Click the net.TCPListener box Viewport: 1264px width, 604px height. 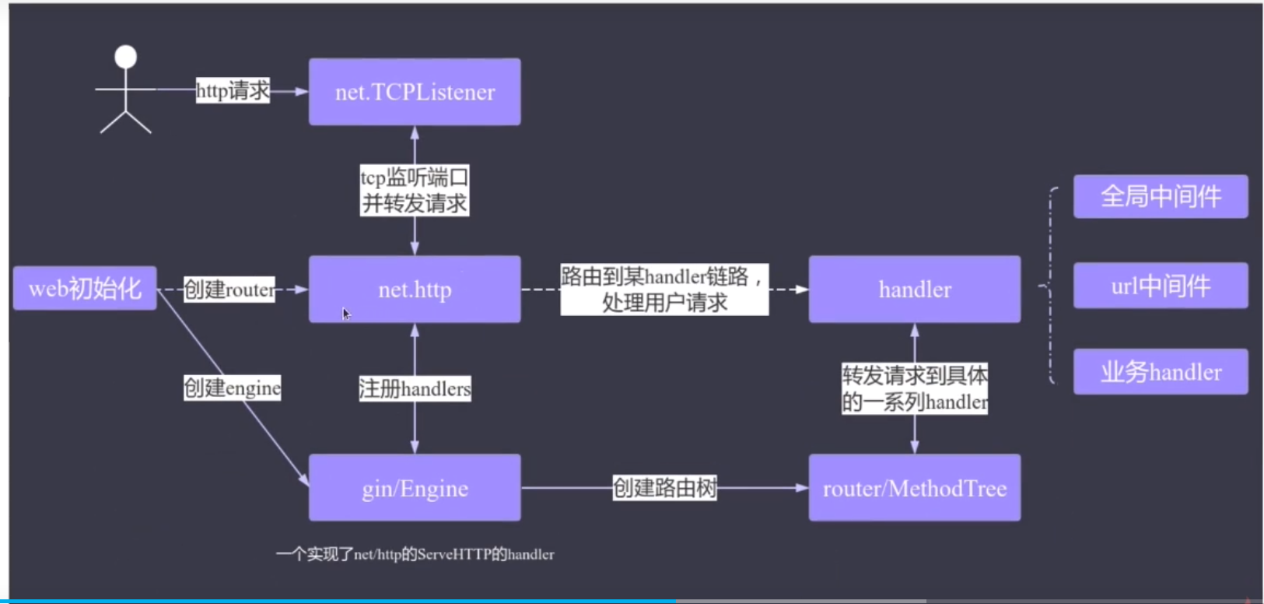click(415, 91)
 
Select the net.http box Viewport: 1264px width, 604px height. click(415, 289)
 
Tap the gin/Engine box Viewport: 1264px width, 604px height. click(415, 488)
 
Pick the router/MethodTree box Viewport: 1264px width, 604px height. click(915, 488)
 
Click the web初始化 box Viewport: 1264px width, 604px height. click(85, 288)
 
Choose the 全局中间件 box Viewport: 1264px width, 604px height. click(1161, 196)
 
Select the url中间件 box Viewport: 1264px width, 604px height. click(1161, 286)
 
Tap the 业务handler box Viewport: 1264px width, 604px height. click(1161, 371)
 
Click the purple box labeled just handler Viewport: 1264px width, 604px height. click(915, 289)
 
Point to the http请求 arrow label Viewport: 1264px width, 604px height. click(233, 90)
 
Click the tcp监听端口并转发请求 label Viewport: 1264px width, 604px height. click(415, 190)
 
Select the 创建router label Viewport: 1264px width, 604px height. click(229, 289)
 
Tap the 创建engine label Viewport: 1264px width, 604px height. click(232, 388)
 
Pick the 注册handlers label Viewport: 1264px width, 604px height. click(415, 388)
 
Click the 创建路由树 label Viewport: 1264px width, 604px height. click(665, 488)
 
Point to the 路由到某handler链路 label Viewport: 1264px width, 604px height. click(664, 289)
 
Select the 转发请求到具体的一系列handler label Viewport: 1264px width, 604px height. click(915, 388)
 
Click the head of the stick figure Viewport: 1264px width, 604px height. click(125, 57)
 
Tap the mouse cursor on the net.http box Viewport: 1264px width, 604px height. click(346, 314)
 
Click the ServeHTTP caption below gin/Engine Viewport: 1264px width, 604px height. click(415, 554)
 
